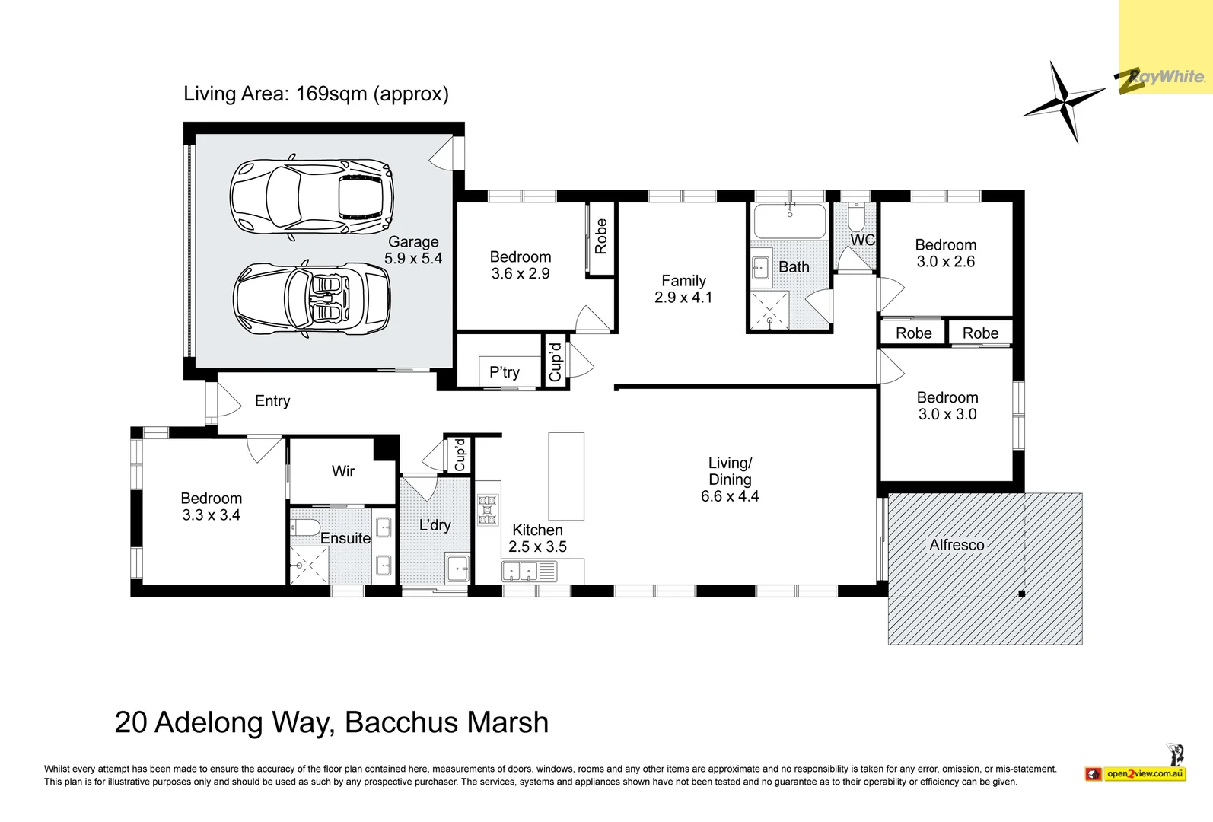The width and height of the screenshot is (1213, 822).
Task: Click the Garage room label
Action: (x=413, y=242)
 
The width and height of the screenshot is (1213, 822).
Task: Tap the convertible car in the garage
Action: (x=312, y=298)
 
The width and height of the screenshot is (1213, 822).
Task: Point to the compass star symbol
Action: (x=1063, y=101)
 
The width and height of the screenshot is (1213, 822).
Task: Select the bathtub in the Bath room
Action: (x=789, y=221)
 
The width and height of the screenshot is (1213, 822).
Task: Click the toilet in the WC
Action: (x=855, y=219)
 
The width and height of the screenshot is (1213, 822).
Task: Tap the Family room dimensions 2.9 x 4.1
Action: (x=683, y=298)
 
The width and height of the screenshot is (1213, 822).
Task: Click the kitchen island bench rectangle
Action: (x=566, y=476)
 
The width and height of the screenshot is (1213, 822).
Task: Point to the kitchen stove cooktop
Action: (x=487, y=510)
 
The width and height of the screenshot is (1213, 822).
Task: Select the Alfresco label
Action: (x=957, y=545)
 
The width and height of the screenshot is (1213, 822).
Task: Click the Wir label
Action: (x=343, y=471)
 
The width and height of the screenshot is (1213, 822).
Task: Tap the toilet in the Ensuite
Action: (x=306, y=527)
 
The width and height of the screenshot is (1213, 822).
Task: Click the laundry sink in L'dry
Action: (x=458, y=568)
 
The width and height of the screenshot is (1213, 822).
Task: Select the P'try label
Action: (x=505, y=372)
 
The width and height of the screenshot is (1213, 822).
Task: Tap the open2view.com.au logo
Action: (x=1144, y=774)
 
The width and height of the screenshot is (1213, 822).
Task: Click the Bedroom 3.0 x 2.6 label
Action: (x=945, y=253)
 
